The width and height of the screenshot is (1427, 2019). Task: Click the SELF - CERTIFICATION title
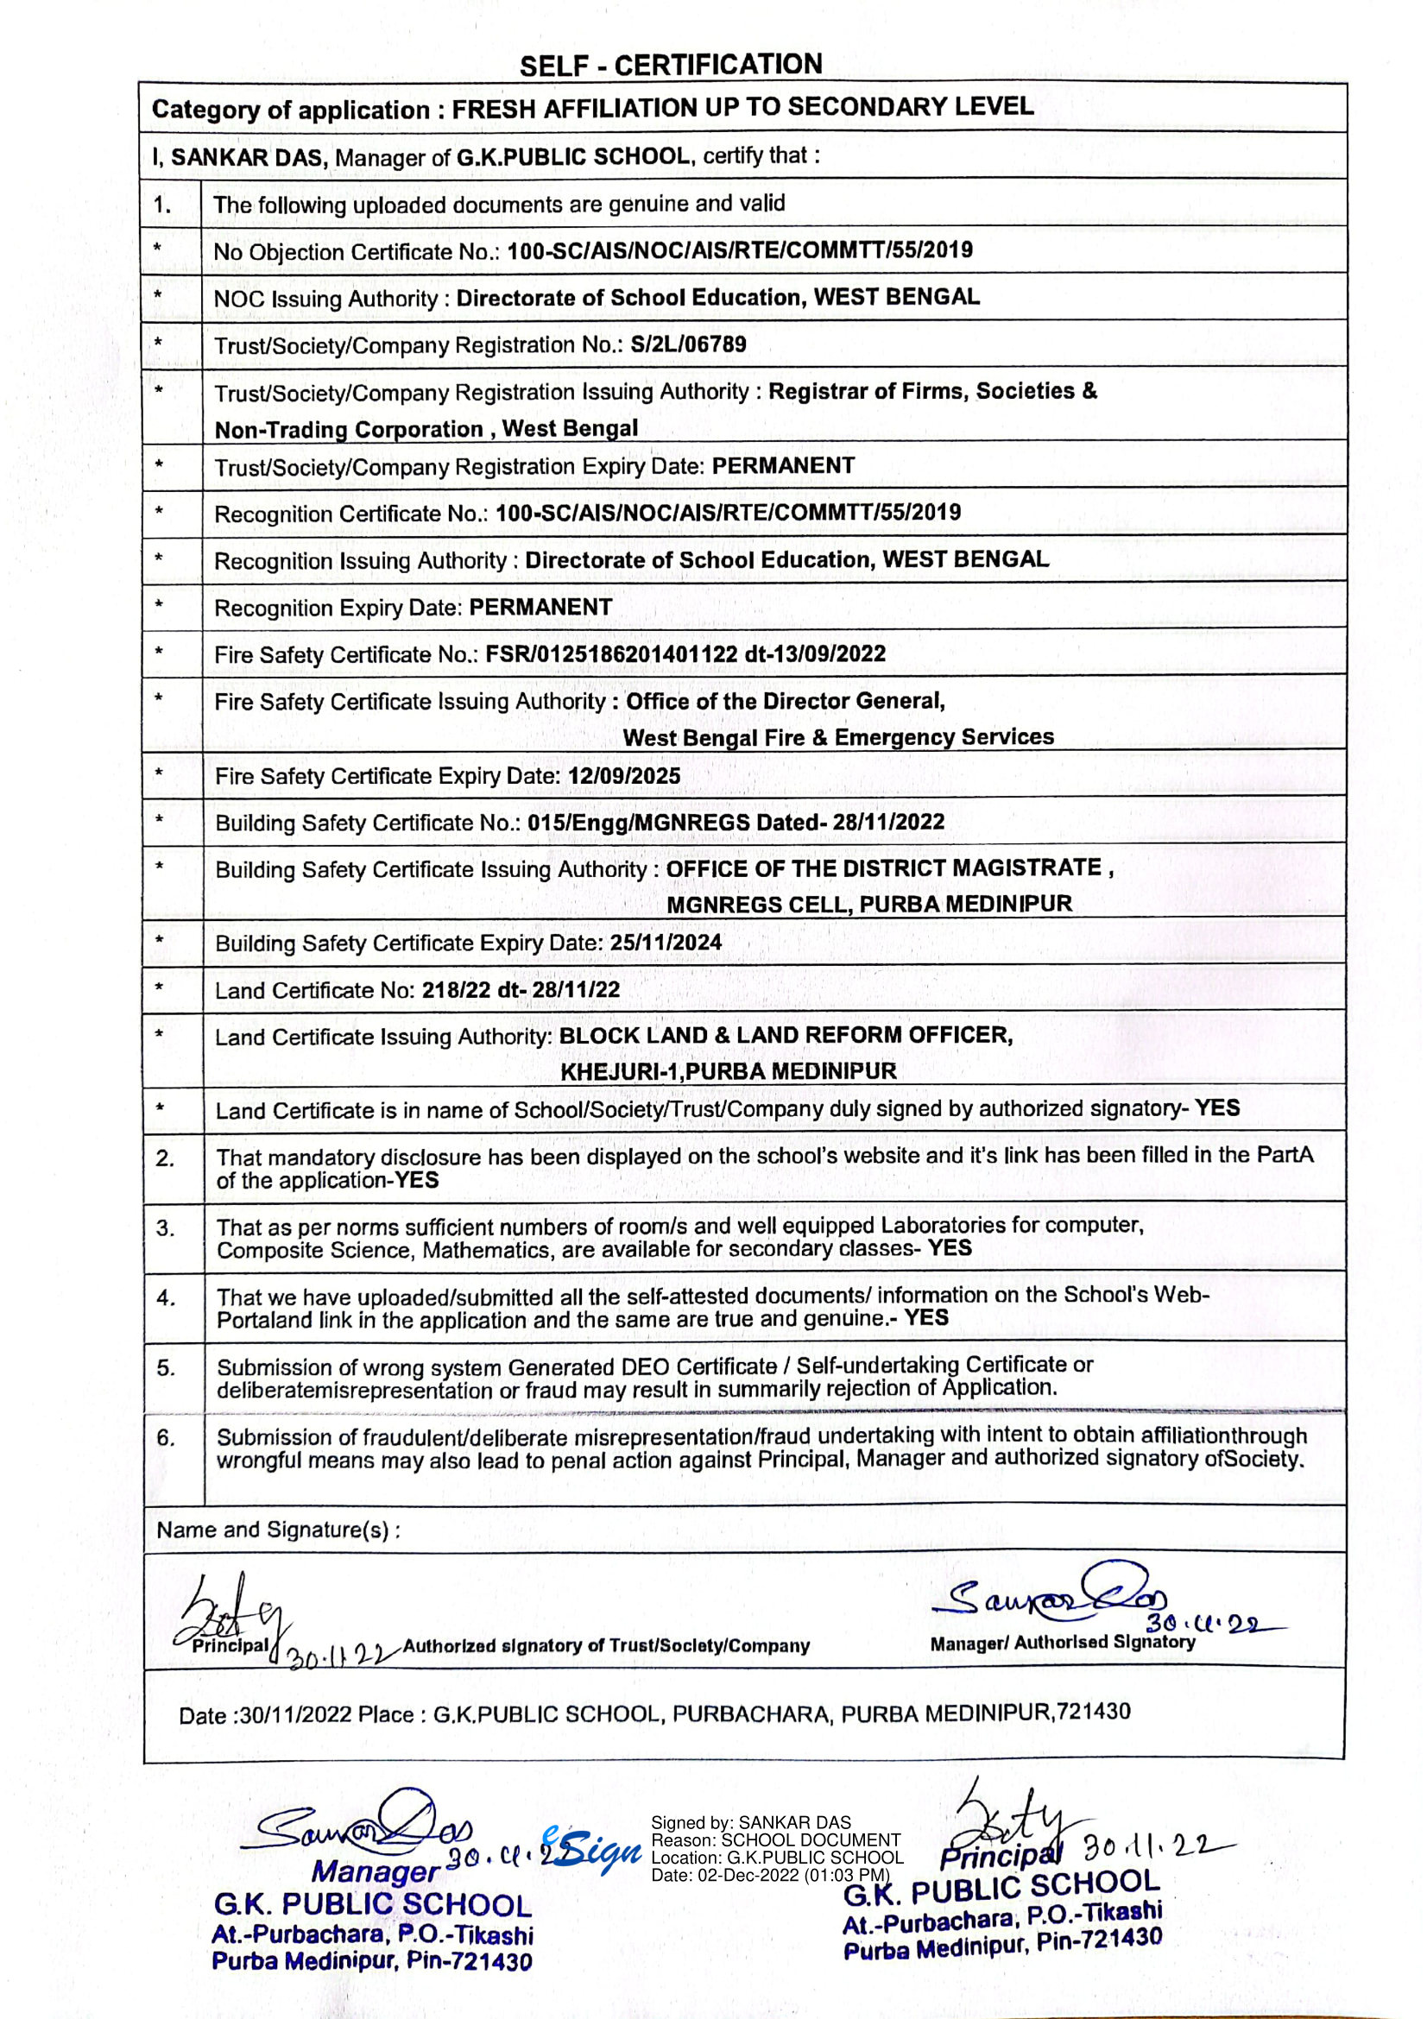point(671,65)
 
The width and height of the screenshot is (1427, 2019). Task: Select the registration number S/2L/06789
point(688,344)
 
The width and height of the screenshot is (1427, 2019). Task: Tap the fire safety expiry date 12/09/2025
point(624,776)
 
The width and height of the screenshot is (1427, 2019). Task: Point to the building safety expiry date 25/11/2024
point(666,943)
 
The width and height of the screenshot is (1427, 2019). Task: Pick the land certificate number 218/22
point(456,990)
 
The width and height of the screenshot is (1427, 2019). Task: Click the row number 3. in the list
point(166,1228)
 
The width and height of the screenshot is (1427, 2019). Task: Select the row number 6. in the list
point(166,1438)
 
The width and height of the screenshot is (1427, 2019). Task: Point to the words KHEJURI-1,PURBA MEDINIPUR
point(728,1071)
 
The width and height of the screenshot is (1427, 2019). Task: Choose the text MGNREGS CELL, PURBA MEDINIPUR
point(868,904)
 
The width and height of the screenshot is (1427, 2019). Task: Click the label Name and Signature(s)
point(278,1530)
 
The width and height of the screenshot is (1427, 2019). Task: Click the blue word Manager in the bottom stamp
point(376,1871)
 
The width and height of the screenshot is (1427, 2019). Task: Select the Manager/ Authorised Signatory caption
point(1062,1642)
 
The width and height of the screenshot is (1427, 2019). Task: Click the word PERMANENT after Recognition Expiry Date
point(540,607)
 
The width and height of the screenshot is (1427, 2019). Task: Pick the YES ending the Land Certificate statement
point(1216,1108)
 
